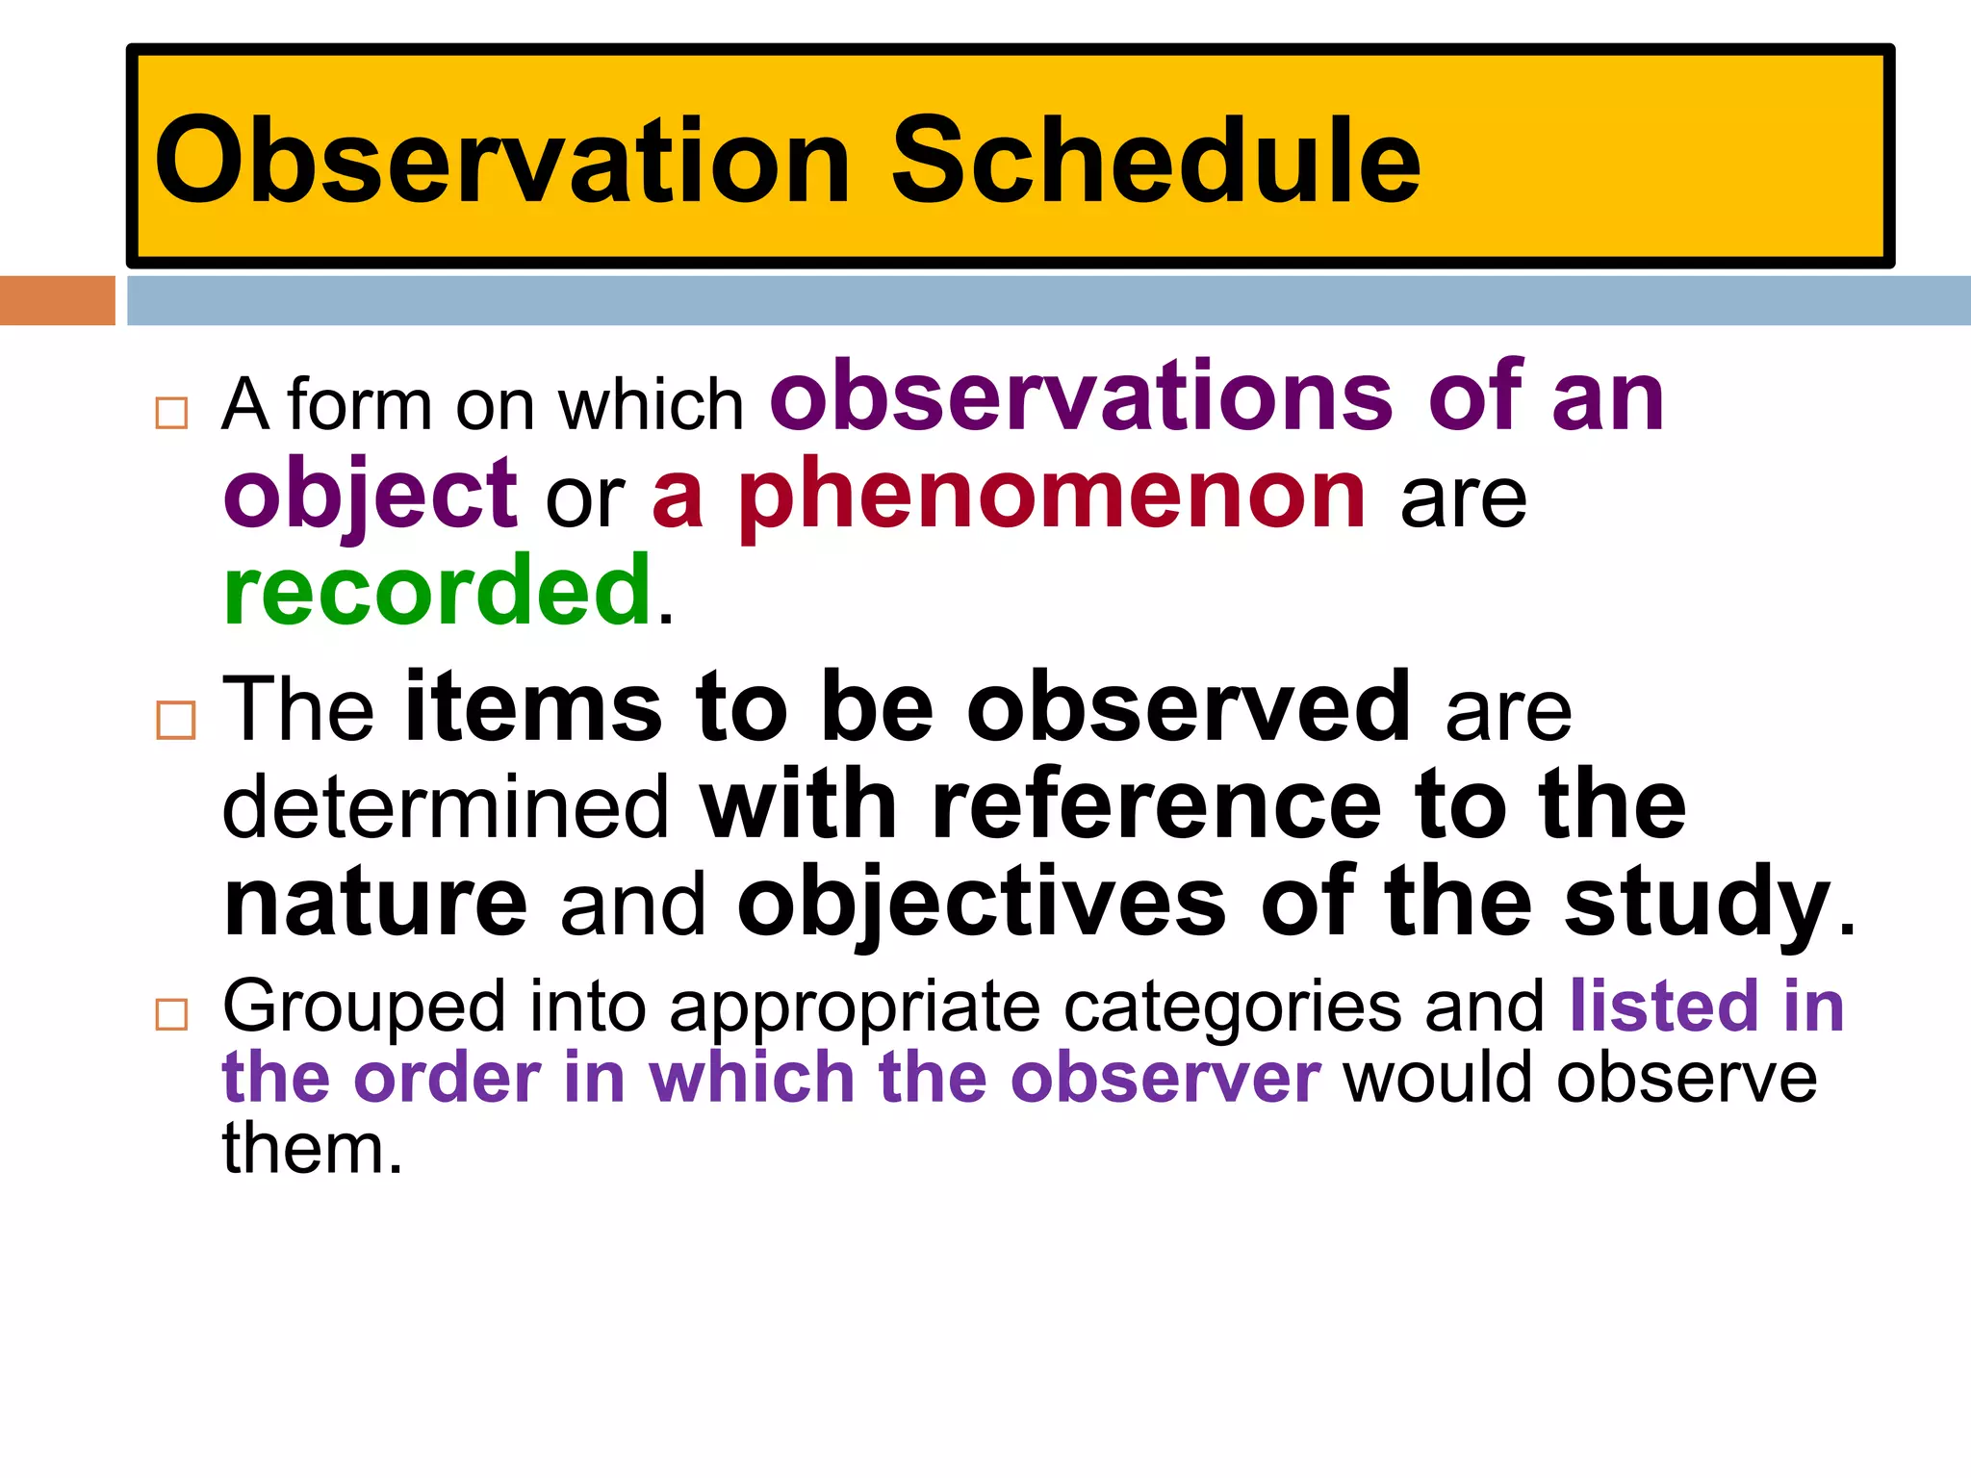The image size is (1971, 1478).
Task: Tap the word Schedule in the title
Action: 1155,162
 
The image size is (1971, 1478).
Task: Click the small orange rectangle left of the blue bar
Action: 57,300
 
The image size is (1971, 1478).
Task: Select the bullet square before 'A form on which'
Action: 171,413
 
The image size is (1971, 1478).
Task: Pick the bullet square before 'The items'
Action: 175,719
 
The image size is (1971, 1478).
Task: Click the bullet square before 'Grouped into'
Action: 171,1014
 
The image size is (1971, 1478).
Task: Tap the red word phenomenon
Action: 1053,496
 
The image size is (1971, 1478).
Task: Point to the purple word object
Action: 371,496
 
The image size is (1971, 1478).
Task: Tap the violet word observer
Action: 1165,1078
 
